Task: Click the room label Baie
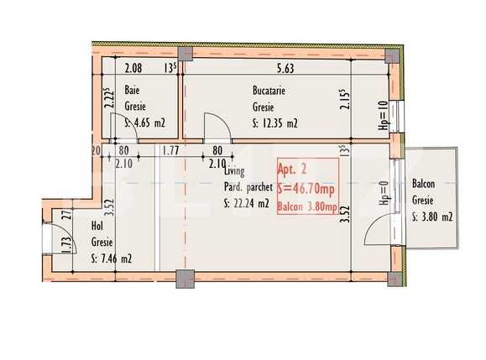[132, 90]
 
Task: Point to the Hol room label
[97, 227]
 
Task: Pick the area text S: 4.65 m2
[144, 123]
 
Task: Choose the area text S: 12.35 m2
[274, 123]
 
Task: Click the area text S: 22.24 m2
[247, 203]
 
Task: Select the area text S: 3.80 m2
[433, 217]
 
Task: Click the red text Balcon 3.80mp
[307, 208]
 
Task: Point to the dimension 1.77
[171, 151]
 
